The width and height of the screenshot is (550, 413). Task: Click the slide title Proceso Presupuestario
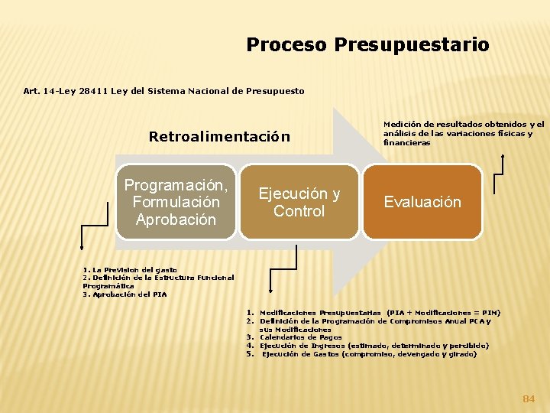coord(367,45)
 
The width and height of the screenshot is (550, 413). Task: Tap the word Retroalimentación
coord(219,137)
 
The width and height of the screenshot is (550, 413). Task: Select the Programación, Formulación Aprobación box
coord(176,202)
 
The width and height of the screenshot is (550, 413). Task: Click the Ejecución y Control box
coord(299,202)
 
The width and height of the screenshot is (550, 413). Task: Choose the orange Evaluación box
coord(422,202)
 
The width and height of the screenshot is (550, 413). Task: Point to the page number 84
coord(529,398)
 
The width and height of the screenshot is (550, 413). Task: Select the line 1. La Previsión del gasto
coord(130,270)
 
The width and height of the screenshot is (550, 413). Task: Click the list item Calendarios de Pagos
coord(300,337)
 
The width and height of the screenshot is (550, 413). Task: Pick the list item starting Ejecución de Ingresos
coord(374,346)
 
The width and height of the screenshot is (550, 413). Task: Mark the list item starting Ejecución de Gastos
coord(369,354)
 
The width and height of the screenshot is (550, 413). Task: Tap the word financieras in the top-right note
coord(406,142)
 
